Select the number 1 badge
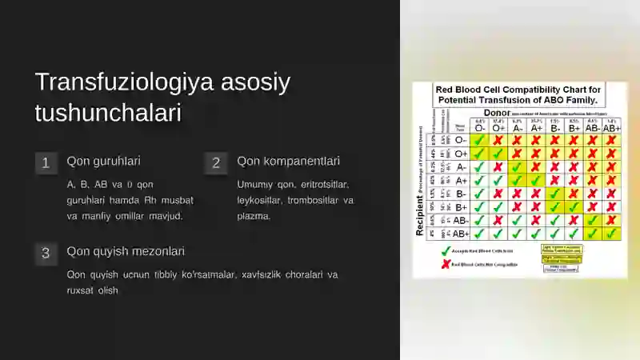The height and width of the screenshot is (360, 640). (46, 163)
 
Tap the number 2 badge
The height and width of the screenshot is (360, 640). (215, 163)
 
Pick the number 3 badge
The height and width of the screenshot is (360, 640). (46, 254)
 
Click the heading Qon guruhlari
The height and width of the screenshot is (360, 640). (103, 161)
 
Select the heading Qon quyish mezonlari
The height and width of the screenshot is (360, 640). (126, 251)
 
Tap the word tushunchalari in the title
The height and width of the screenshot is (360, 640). (107, 113)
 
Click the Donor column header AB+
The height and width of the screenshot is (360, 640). (611, 127)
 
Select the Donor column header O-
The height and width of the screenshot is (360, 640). (480, 127)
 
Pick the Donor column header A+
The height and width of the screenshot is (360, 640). (536, 127)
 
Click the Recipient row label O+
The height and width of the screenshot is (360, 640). (461, 154)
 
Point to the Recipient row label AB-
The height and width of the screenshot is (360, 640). (461, 220)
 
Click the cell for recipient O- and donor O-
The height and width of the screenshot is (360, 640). (480, 140)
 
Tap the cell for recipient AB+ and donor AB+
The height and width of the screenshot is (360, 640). (611, 234)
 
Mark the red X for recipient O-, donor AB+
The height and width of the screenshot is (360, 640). (611, 140)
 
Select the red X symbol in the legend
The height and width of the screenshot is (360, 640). (445, 264)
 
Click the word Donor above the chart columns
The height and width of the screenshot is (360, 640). (496, 114)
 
